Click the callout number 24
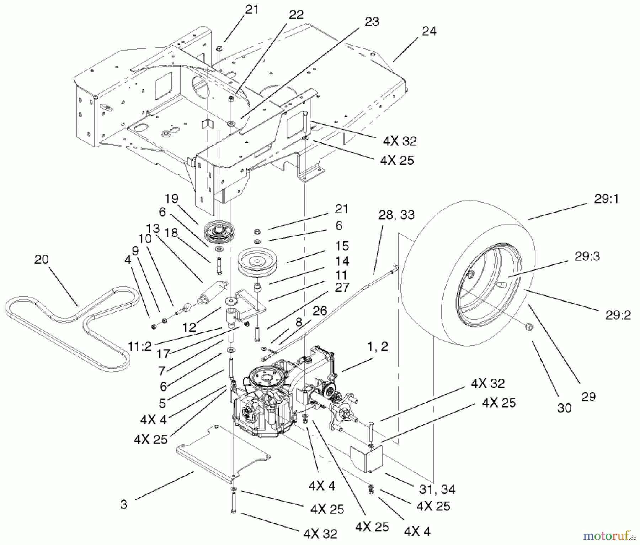[429, 31]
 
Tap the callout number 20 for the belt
[41, 259]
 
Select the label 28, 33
[396, 215]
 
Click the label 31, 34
[437, 489]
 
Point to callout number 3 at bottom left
[123, 504]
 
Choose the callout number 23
[372, 22]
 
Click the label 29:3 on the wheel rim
[587, 256]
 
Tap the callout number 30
[564, 408]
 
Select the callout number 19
[171, 199]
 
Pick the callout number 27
[342, 287]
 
